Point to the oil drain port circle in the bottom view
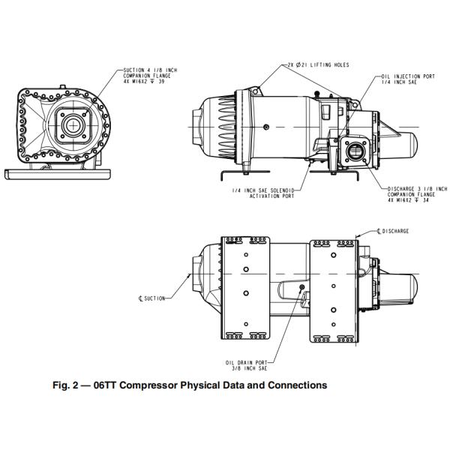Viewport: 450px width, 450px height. tap(301, 287)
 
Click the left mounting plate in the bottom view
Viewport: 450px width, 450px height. tap(246, 289)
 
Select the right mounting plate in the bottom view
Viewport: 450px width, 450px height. tap(332, 289)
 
